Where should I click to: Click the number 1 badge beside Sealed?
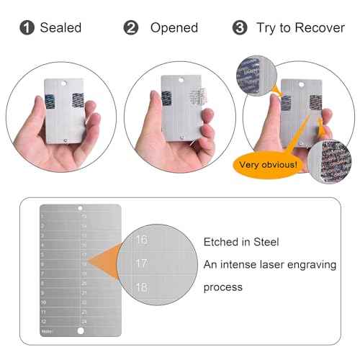click(x=27, y=28)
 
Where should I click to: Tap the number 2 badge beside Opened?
click(x=131, y=28)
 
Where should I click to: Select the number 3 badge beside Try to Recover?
click(x=239, y=28)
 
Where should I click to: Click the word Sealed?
click(x=60, y=28)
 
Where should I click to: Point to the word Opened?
click(x=174, y=28)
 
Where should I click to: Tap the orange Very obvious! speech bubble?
click(x=267, y=164)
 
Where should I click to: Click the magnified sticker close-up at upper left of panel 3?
click(x=253, y=75)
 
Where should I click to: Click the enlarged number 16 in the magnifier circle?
click(x=142, y=240)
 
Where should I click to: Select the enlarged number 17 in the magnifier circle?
click(x=142, y=264)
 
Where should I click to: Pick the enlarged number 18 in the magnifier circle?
click(x=142, y=287)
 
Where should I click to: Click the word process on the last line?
click(x=223, y=287)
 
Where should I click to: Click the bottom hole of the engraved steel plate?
click(x=80, y=330)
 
